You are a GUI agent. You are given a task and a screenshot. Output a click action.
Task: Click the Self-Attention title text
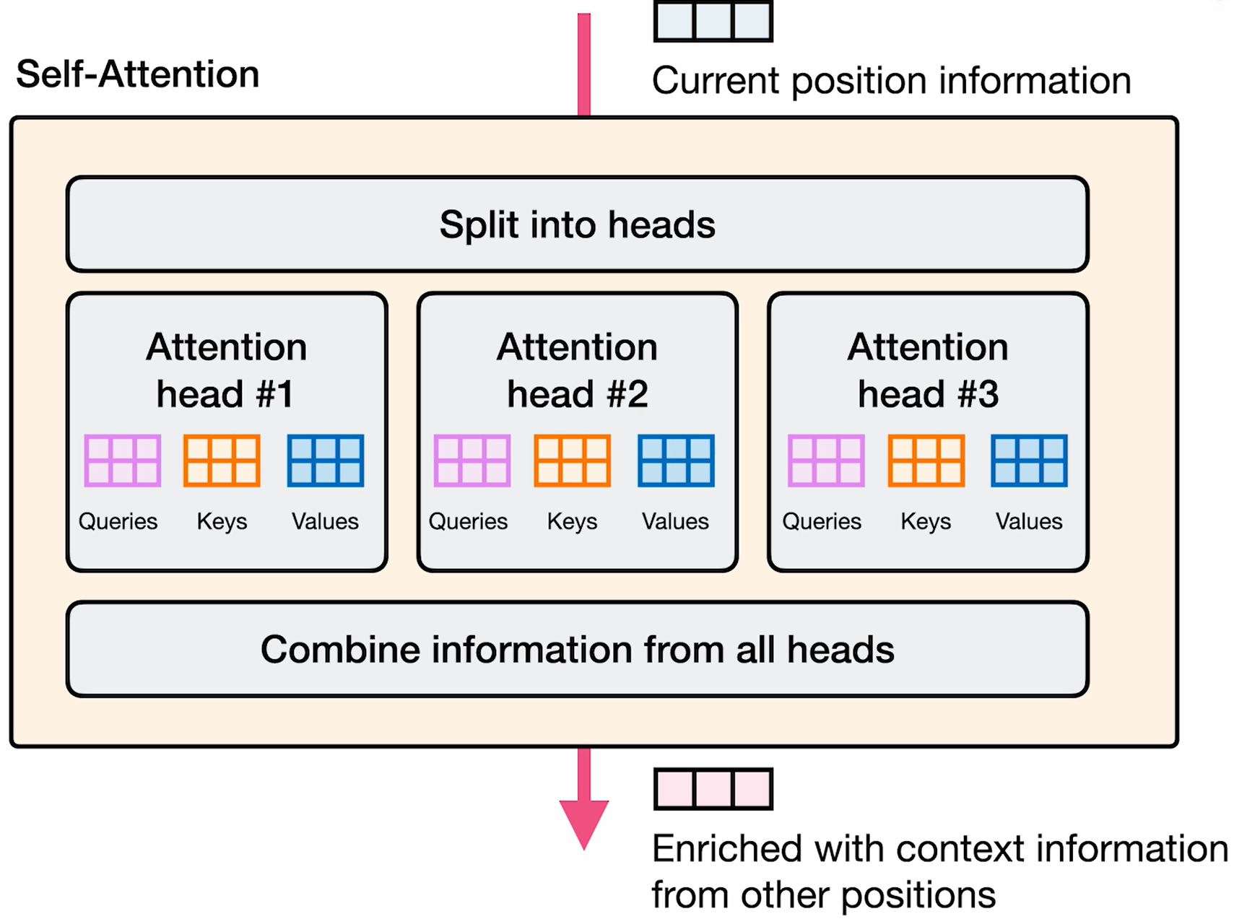pos(137,74)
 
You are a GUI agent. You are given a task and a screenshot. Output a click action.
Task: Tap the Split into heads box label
pos(577,225)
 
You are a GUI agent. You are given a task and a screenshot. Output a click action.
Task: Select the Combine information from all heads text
pos(577,649)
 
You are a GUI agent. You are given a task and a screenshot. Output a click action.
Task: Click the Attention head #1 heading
pos(226,370)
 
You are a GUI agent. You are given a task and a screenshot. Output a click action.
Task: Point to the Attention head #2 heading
pos(577,370)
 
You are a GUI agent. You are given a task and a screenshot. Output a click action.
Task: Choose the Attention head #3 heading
pos(927,370)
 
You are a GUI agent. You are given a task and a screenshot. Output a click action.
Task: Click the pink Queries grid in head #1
pos(122,461)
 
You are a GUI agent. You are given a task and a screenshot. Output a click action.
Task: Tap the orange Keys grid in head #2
pos(572,461)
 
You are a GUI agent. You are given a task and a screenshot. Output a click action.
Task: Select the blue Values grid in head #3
pos(1029,461)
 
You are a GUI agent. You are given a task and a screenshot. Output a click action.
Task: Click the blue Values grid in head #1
pos(325,461)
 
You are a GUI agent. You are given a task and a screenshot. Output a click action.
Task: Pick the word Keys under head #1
pos(222,521)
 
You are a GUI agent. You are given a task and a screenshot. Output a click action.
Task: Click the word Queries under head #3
pos(822,521)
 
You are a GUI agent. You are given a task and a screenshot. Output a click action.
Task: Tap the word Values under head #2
pos(675,521)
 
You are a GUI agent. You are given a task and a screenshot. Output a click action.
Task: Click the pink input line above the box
pos(583,65)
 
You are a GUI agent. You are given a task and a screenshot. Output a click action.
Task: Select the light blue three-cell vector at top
pos(713,21)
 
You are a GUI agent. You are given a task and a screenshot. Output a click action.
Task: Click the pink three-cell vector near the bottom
pos(713,788)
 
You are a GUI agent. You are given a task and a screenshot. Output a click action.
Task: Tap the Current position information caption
pos(891,81)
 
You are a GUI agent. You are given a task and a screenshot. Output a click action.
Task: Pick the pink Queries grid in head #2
pos(472,461)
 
